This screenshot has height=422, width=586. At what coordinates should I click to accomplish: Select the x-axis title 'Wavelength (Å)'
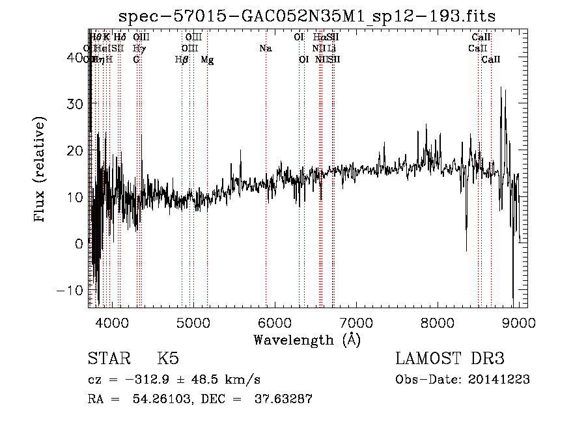coord(307,339)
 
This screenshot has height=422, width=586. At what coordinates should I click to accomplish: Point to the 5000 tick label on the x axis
coord(193,322)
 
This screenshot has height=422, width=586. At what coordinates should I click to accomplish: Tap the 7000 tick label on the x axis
coord(356,322)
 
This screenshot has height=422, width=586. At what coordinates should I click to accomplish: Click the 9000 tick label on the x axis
coord(518,322)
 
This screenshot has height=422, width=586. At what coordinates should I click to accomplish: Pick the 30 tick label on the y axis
coord(77,104)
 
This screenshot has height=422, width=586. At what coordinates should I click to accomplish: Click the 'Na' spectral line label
coord(265,49)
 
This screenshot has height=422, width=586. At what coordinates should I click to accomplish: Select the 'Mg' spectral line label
coord(207,60)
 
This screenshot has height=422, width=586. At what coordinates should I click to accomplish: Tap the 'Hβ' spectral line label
coord(182,60)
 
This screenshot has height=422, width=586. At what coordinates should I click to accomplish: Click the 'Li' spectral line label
coord(331,49)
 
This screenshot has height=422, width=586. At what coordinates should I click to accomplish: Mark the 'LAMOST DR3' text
coord(450,359)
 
